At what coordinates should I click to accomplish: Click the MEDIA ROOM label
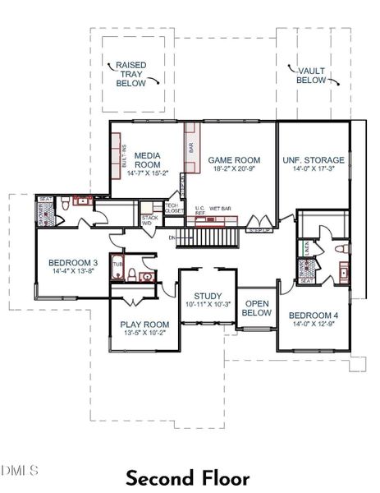(x=147, y=159)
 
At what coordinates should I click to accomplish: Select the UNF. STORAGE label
(x=313, y=160)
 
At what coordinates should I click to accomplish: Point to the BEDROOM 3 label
(x=67, y=263)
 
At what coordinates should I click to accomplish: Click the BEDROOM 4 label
(x=313, y=315)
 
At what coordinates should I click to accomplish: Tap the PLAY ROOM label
(x=144, y=324)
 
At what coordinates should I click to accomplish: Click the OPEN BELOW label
(x=257, y=307)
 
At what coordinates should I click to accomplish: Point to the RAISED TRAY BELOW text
(x=131, y=74)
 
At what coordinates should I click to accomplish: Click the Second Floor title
(x=190, y=477)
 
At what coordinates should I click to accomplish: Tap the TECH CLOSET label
(x=174, y=208)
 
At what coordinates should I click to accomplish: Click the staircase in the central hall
(x=210, y=237)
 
